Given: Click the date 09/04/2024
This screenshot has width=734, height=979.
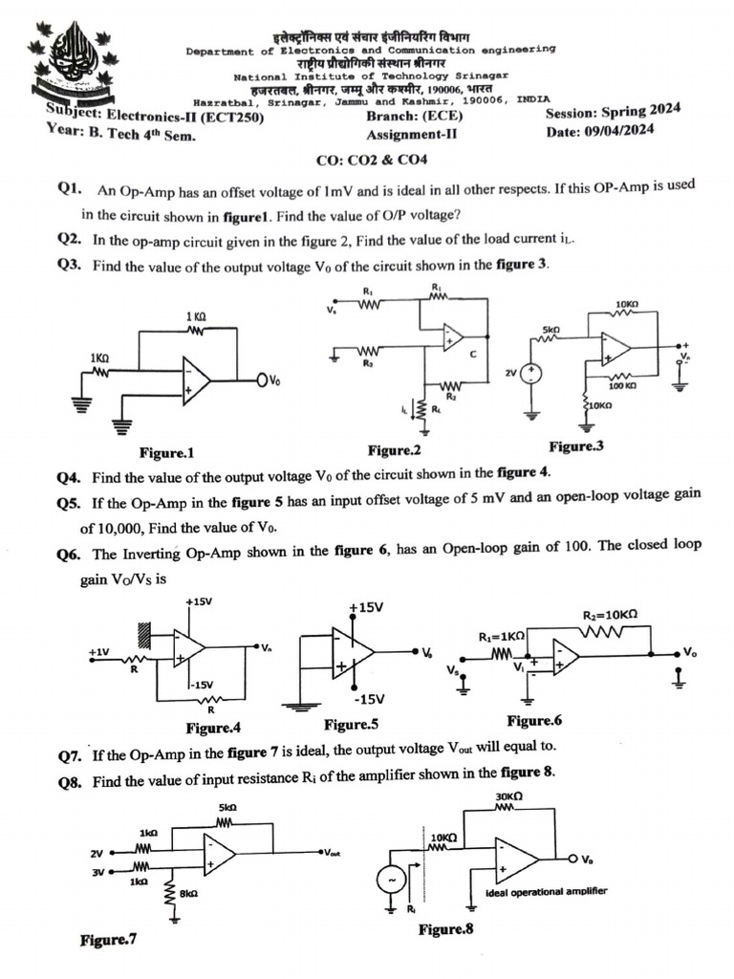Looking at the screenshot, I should point(617,132).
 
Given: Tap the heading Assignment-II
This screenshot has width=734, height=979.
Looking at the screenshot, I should point(412,134).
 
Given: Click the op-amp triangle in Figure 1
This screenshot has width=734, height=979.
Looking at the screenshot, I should point(196,381).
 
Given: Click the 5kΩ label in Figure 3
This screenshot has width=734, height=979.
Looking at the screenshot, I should point(550,330).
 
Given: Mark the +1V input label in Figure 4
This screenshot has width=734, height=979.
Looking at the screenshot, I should point(99,651).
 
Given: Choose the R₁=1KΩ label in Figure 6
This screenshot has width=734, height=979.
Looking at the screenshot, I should point(502,636).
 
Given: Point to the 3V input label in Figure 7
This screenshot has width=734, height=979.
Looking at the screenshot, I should point(97,871).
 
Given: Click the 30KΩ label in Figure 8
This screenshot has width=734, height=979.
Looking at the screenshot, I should point(508,796).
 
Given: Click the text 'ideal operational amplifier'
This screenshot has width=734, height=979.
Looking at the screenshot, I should point(547,891).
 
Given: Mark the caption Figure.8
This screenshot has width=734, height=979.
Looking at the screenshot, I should point(446,927).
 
